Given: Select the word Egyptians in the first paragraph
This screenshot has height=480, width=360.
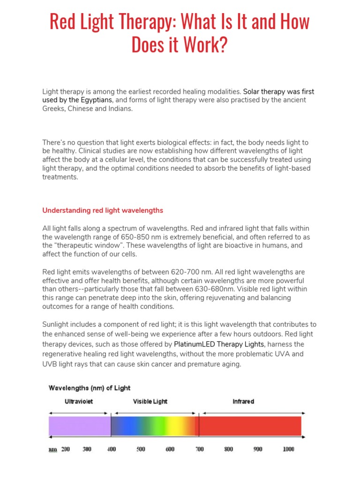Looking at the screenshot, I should [97, 100].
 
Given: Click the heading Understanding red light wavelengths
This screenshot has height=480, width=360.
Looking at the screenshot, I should [103, 210].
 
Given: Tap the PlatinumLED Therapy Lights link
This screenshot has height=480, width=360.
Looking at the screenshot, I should [219, 344].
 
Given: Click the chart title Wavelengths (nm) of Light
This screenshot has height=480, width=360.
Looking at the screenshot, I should [90, 388].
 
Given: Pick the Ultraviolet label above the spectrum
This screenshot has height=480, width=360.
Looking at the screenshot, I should [79, 402].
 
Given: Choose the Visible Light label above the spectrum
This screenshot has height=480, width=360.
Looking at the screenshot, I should [150, 402].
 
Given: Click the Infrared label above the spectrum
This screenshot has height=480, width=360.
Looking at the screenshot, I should [243, 402].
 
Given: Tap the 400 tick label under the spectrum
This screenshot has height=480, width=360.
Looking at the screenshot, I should [112, 449].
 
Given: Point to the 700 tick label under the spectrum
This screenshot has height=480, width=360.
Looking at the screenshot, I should [199, 449].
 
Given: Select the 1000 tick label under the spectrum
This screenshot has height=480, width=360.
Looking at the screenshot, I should [288, 449].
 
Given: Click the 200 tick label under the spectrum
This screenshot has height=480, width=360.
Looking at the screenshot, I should [66, 449].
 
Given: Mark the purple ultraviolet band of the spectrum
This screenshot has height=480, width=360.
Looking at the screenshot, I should [80, 426].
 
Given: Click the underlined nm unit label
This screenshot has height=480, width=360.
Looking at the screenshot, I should [53, 450].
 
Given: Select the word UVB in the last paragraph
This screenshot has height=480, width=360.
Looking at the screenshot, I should [50, 364].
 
